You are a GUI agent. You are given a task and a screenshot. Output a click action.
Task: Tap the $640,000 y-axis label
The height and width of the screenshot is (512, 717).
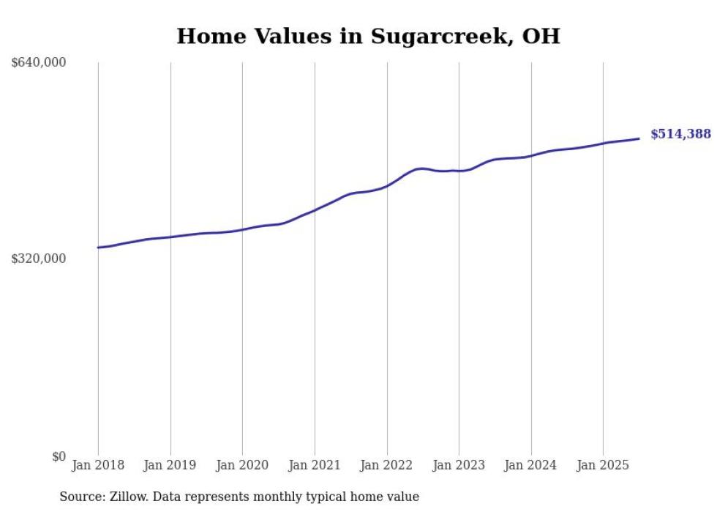[39, 63]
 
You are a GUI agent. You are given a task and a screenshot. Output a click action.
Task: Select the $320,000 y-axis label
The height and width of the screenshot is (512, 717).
[39, 259]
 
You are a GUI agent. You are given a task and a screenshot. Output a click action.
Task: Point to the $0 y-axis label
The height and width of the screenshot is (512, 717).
[59, 457]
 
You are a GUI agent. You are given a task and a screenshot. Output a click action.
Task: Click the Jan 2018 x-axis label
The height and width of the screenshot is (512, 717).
[98, 465]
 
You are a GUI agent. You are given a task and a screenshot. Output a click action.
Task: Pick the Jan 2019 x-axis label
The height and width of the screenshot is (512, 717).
[170, 465]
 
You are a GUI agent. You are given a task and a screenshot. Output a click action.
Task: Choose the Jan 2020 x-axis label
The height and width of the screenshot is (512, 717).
[242, 465]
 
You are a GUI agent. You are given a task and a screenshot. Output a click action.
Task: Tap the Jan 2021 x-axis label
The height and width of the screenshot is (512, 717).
[315, 465]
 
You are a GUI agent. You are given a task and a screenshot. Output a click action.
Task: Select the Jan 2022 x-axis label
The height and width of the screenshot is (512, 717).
[387, 465]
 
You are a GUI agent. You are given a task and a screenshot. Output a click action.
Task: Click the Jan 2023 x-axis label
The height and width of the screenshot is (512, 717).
[459, 465]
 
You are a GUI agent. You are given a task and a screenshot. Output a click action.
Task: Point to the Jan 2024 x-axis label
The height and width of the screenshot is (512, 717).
[531, 465]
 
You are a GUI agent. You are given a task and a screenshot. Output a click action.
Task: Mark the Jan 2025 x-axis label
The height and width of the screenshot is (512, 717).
[603, 465]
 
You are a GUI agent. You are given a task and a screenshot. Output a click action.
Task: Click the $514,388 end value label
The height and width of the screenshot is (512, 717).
[680, 134]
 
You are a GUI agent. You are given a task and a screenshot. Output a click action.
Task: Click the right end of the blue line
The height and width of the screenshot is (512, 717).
[639, 138]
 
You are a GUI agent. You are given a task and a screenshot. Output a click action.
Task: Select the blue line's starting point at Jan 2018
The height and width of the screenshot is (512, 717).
[98, 248]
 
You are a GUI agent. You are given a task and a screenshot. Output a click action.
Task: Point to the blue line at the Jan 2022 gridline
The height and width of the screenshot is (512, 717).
[387, 186]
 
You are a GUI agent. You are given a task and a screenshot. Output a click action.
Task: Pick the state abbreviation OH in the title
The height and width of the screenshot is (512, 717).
[541, 37]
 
